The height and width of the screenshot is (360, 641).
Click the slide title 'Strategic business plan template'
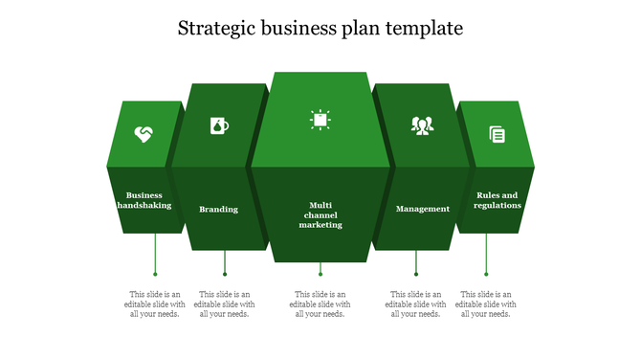pos(320,29)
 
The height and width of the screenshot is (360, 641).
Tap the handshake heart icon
pos(144,134)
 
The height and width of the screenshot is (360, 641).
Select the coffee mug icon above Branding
pos(219,125)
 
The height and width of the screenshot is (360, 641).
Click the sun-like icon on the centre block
pos(320,119)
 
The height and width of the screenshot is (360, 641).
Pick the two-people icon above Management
pos(422,125)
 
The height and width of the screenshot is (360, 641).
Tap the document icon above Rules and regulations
pos(497,134)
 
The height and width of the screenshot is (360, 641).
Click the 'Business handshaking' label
pos(144,200)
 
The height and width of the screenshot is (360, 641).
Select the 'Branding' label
pos(219,209)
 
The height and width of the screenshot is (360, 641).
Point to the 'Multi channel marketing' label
pos(320,214)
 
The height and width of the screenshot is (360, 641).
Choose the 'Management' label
pos(422,209)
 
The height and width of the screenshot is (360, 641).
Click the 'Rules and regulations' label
pos(497,200)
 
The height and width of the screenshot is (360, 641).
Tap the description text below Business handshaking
pos(155,304)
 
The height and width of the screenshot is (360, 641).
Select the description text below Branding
pos(224,304)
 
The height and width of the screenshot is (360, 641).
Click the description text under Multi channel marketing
pos(320,304)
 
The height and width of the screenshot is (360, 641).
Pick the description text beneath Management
pos(415,304)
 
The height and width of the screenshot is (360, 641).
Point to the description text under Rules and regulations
pos(486,304)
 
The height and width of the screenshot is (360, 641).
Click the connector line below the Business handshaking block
pos(155,254)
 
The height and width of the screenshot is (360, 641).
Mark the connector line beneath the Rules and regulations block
pos(486,254)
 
